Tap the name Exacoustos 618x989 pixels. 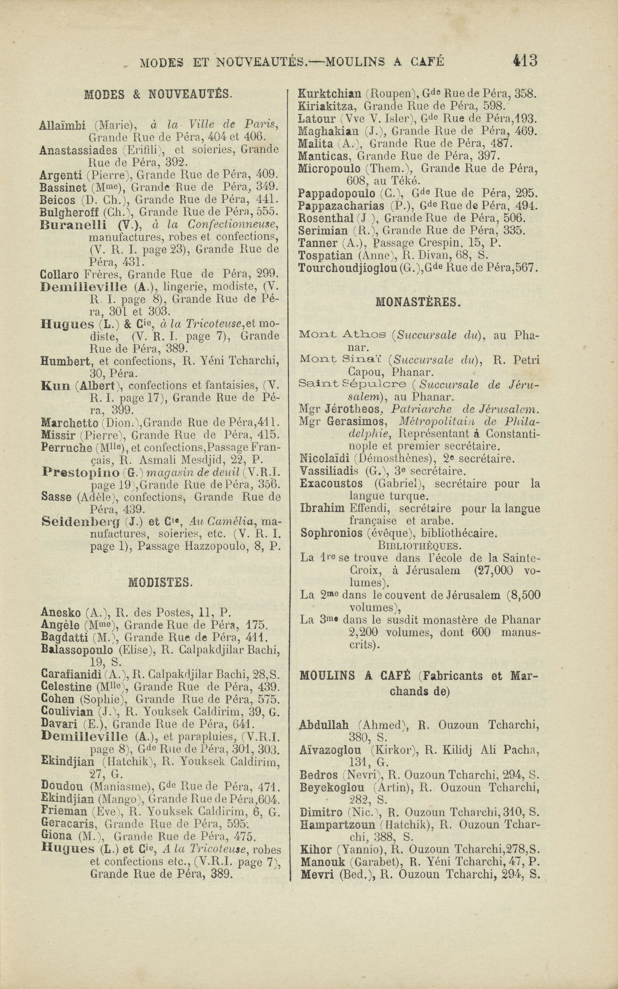pyautogui.click(x=331, y=484)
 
